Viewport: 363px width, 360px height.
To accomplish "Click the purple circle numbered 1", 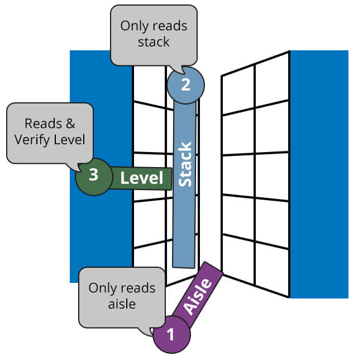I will click(x=171, y=335).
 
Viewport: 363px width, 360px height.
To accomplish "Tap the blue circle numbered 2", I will click(x=185, y=84).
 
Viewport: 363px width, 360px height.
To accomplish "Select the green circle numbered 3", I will click(x=94, y=176).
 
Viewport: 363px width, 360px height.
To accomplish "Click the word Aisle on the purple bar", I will click(x=198, y=296).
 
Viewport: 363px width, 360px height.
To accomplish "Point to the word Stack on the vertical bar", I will click(x=184, y=164).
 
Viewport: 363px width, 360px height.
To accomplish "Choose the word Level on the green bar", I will click(x=142, y=178).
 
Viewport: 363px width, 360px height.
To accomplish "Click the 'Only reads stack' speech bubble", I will click(x=154, y=34).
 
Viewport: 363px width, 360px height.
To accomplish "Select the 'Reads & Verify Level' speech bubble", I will click(x=50, y=132).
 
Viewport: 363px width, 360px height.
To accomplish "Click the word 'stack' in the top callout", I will click(x=154, y=42).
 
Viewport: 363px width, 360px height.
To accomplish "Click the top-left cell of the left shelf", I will click(x=149, y=84).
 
